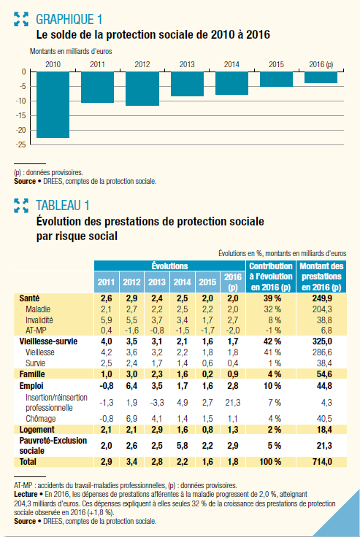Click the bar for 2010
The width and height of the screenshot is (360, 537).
[x=53, y=105]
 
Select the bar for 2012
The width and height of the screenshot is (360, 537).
[x=142, y=89]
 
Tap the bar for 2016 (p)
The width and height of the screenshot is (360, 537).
[x=321, y=77]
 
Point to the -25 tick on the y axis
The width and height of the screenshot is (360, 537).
[x=20, y=144]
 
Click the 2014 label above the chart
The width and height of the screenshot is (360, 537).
[x=231, y=64]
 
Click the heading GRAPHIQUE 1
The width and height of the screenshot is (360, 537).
[x=69, y=20]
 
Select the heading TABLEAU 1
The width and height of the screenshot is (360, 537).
[x=63, y=206]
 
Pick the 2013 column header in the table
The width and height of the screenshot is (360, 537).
[x=157, y=282]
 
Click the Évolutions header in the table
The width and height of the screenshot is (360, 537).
[x=169, y=266]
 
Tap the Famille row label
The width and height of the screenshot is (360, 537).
[x=32, y=374]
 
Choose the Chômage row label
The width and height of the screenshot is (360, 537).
[x=40, y=419]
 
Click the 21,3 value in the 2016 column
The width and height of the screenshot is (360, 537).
[x=233, y=403]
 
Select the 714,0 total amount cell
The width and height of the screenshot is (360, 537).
[x=322, y=462]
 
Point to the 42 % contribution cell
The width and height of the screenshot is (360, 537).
[x=272, y=341]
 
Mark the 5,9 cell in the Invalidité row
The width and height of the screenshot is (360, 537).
[x=107, y=320]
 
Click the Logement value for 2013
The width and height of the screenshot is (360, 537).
[x=157, y=430]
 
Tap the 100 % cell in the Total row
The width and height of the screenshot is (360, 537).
[x=270, y=462]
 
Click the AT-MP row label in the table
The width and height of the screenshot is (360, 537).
[x=36, y=331]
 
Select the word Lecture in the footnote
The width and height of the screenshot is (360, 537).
[x=26, y=494]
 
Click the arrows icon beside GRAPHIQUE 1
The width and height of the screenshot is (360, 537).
[x=21, y=19]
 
